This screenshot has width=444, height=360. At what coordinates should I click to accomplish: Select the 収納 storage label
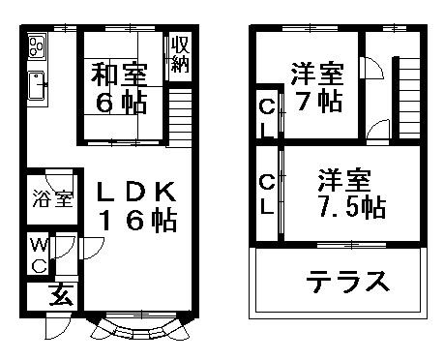[180, 54]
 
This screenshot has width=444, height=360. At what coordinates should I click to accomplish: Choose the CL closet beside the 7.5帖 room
[265, 194]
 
